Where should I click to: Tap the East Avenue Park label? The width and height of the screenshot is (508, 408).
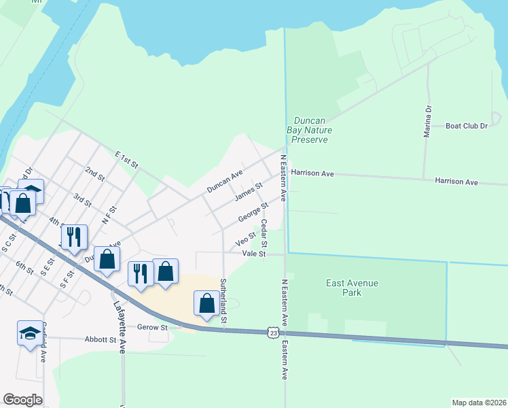pos(352,288)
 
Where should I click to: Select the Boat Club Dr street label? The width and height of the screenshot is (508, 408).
pos(467,126)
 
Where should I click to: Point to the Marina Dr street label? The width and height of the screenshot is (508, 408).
pos(428,122)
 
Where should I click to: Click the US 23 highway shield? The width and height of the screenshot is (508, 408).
pos(272,333)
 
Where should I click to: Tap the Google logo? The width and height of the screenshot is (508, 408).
pos(22,400)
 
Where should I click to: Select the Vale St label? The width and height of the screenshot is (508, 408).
pos(253,253)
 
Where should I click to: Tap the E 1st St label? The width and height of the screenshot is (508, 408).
pos(126,160)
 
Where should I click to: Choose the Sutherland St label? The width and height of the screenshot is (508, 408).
pos(223,300)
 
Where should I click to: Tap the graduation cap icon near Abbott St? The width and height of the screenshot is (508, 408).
pos(29,333)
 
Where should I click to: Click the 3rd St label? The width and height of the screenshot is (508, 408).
pos(83,200)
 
